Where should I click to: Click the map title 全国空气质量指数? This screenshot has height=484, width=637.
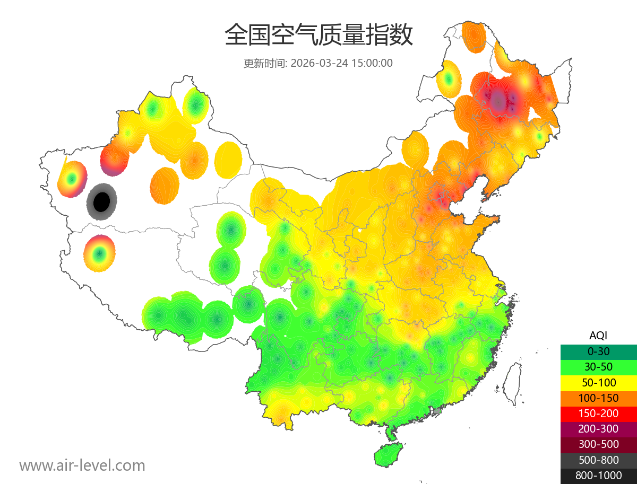pyautogui.click(x=318, y=35)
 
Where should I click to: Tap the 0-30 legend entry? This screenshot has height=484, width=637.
pyautogui.click(x=598, y=351)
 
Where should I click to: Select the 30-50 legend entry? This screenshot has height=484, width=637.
pyautogui.click(x=598, y=367)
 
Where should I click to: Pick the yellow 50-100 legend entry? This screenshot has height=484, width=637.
pyautogui.click(x=598, y=382)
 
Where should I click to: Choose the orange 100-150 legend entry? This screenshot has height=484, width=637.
pyautogui.click(x=598, y=398)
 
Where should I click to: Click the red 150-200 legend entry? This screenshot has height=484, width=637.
pyautogui.click(x=598, y=413)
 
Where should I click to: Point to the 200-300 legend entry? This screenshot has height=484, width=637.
pyautogui.click(x=598, y=429)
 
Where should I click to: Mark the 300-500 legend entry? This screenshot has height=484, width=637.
pyautogui.click(x=598, y=444)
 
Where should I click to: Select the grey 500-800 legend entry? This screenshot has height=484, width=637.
pyautogui.click(x=598, y=460)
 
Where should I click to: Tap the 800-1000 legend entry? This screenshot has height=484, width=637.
pyautogui.click(x=598, y=476)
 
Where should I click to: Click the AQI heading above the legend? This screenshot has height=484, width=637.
pyautogui.click(x=598, y=336)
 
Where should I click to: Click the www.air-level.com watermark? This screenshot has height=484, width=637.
pyautogui.click(x=82, y=466)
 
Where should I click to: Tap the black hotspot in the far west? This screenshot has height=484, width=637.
pyautogui.click(x=101, y=201)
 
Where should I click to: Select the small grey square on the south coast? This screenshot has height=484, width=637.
pyautogui.click(x=437, y=411)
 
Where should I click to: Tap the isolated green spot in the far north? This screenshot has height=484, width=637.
pyautogui.click(x=449, y=78)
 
